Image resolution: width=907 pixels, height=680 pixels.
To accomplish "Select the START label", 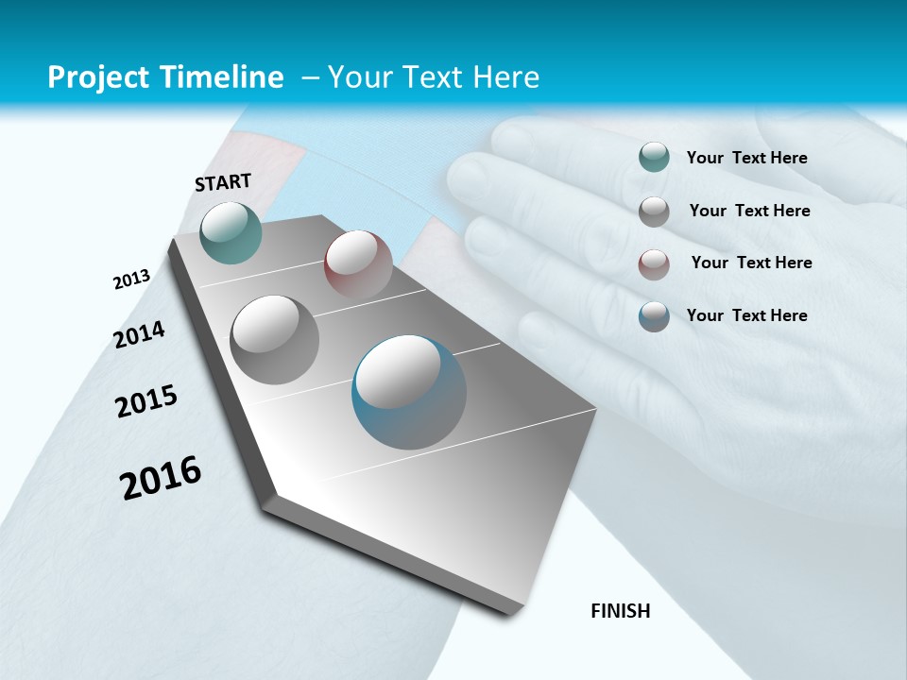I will point(223,182).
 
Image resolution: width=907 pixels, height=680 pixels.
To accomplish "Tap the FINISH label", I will point(621,611).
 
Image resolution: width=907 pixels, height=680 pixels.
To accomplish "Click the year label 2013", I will point(132,280).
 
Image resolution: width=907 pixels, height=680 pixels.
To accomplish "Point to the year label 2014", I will point(140,334).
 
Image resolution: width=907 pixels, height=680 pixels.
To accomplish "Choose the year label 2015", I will point(146,401).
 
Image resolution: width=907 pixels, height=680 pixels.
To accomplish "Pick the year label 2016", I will point(161,477).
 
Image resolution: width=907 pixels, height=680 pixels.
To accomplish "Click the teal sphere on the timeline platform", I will point(231,232).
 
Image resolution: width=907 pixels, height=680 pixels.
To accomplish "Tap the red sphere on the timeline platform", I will point(358,263).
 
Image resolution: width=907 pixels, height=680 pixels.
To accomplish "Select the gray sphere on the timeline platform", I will point(275,339).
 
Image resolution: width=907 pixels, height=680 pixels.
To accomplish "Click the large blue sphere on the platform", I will point(409,392).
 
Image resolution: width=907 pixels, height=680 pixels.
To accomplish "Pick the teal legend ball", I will point(654,157).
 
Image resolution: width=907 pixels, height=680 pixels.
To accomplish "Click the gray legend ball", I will point(654,212).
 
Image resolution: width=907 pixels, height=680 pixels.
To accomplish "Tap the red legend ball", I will point(654,263).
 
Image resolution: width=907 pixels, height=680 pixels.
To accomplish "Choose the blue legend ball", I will point(654,316).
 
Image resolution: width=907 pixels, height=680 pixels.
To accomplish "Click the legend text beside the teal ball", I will point(746,158).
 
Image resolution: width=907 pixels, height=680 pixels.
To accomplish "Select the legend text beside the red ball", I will point(751,263).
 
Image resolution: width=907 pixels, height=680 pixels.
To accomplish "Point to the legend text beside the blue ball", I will point(746,315).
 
